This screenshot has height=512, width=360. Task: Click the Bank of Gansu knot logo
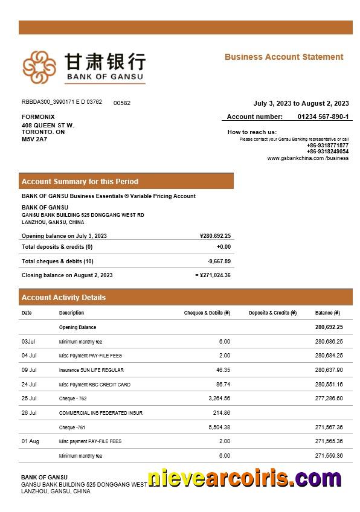39,67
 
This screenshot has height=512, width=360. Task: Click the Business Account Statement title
284,57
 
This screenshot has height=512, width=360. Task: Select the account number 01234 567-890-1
323,117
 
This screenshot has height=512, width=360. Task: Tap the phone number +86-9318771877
327,146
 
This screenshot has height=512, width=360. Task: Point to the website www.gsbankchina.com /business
308,158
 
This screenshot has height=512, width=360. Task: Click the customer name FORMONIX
38,117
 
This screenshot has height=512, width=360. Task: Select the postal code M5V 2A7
34,139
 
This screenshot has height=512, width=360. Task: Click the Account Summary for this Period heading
80,181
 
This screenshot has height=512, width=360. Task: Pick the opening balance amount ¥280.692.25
215,236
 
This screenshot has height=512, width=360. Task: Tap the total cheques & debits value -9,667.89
219,261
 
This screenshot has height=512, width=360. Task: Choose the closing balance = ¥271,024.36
213,275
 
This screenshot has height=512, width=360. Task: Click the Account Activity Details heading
63,298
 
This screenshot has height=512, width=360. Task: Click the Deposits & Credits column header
272,313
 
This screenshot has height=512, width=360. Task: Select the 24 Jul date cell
29,385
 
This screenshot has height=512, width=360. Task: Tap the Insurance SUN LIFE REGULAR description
91,370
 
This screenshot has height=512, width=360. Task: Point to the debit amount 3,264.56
218,398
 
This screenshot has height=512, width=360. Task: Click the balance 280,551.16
329,385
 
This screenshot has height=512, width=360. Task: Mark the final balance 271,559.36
329,456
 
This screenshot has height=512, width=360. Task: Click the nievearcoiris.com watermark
244,479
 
